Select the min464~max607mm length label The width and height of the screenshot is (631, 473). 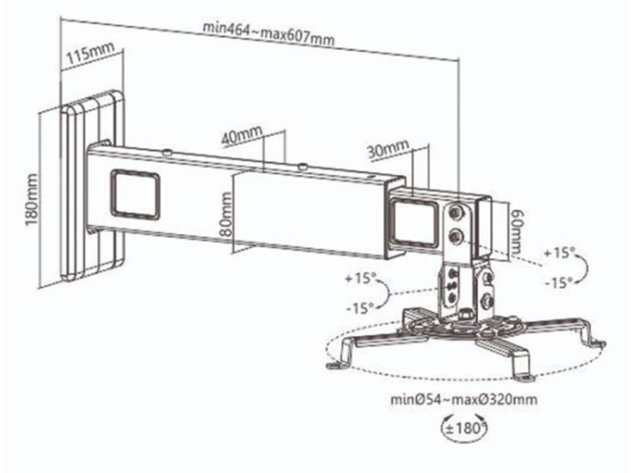pyautogui.click(x=268, y=34)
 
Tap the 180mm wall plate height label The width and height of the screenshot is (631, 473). pyautogui.click(x=32, y=199)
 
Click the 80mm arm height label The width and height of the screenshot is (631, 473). pyautogui.click(x=226, y=214)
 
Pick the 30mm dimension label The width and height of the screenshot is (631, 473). pyautogui.click(x=387, y=150)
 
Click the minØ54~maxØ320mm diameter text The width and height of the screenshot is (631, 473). pyautogui.click(x=464, y=400)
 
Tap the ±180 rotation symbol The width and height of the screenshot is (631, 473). pyautogui.click(x=465, y=427)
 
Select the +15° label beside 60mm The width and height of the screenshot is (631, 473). pyautogui.click(x=560, y=253)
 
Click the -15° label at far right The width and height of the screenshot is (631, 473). pyautogui.click(x=559, y=283)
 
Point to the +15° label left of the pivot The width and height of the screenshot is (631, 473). pyautogui.click(x=360, y=278)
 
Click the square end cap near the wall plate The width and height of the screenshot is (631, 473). pyautogui.click(x=135, y=194)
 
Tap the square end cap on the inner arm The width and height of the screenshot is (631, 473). pyautogui.click(x=414, y=223)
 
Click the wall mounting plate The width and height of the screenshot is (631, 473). pyautogui.click(x=92, y=185)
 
